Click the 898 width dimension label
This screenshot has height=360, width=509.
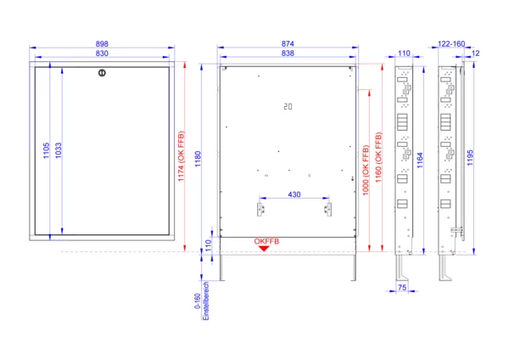click(102, 44)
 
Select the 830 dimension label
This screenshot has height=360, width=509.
click(102, 53)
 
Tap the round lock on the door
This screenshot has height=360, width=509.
click(102, 73)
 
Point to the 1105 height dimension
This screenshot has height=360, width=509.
click(46, 150)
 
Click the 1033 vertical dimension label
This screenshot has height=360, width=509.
click(58, 150)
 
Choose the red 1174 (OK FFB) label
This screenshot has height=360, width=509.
click(182, 156)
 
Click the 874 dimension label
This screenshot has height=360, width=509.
click(288, 43)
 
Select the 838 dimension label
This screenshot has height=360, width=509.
click(288, 53)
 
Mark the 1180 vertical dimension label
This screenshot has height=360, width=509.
click(198, 159)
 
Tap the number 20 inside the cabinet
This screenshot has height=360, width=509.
click(288, 107)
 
